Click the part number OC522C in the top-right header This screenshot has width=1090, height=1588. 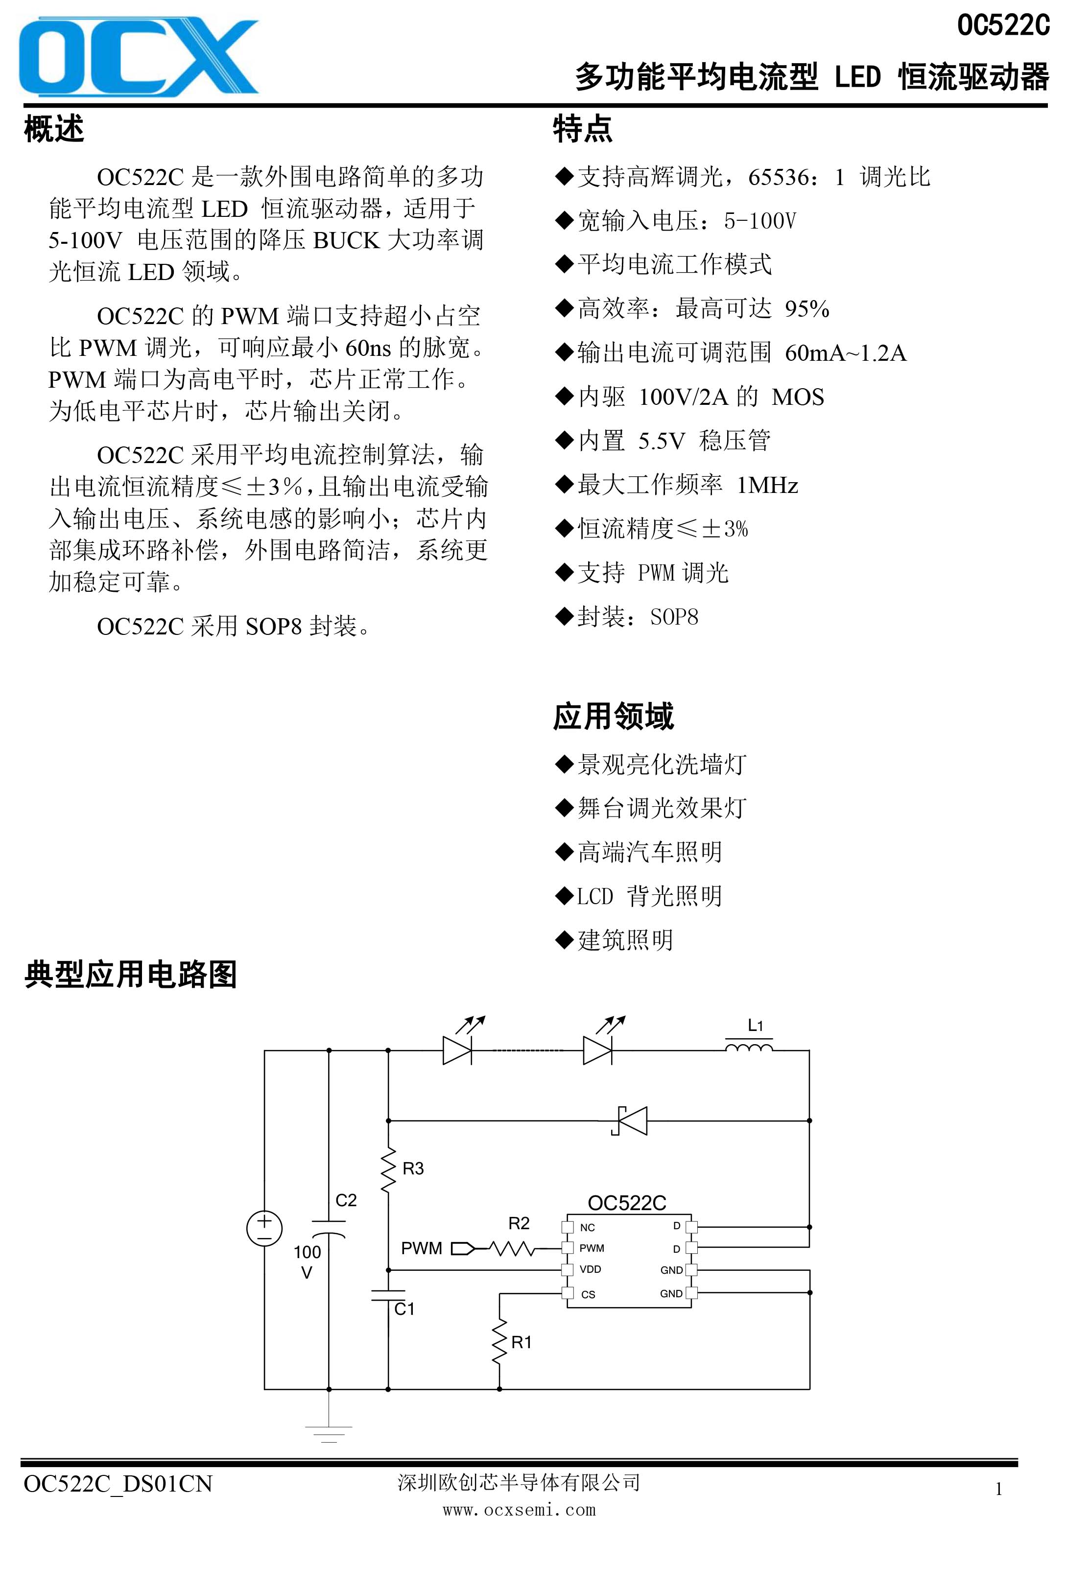point(1002,25)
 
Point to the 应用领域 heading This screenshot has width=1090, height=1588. point(613,716)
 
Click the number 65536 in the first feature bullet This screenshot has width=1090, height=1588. point(779,178)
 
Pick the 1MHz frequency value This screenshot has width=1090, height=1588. point(767,485)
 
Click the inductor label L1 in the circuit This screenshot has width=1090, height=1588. point(755,1025)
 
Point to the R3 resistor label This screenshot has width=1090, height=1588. point(413,1168)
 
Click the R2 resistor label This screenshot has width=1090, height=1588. point(519,1223)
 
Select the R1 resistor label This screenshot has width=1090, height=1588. point(521,1342)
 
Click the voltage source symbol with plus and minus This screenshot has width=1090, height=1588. point(264,1228)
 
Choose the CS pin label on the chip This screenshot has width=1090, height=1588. point(589,1294)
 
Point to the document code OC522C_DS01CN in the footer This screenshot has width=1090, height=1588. point(118,1484)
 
